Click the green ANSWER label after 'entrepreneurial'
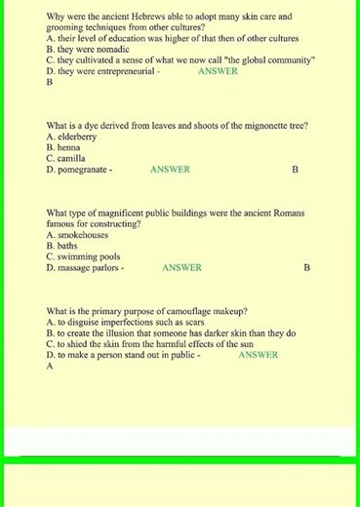tap(218, 71)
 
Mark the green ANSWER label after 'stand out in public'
tap(258, 355)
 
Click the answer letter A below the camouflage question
tap(49, 367)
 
